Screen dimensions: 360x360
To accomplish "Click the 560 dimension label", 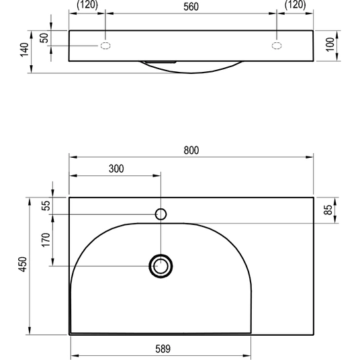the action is click(191, 7).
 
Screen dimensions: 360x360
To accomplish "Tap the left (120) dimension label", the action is click(87, 5).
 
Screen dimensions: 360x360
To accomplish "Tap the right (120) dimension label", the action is click(296, 5).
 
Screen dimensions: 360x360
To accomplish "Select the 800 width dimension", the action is click(191, 150).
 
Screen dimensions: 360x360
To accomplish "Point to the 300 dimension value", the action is click(116, 169).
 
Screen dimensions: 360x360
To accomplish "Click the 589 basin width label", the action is click(163, 349).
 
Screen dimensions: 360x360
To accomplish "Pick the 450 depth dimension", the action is click(23, 265).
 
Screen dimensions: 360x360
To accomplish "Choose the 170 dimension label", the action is click(46, 240).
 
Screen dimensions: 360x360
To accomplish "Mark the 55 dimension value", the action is click(46, 206).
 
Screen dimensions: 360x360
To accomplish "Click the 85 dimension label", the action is click(328, 210).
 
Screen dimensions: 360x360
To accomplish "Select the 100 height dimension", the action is click(330, 44).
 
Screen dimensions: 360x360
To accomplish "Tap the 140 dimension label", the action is click(24, 50).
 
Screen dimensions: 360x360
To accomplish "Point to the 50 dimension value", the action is click(44, 38).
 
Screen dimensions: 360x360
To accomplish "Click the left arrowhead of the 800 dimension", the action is click(73, 157).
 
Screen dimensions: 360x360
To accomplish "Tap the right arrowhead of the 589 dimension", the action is click(247, 356).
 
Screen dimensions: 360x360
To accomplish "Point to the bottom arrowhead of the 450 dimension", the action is click(30, 331).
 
